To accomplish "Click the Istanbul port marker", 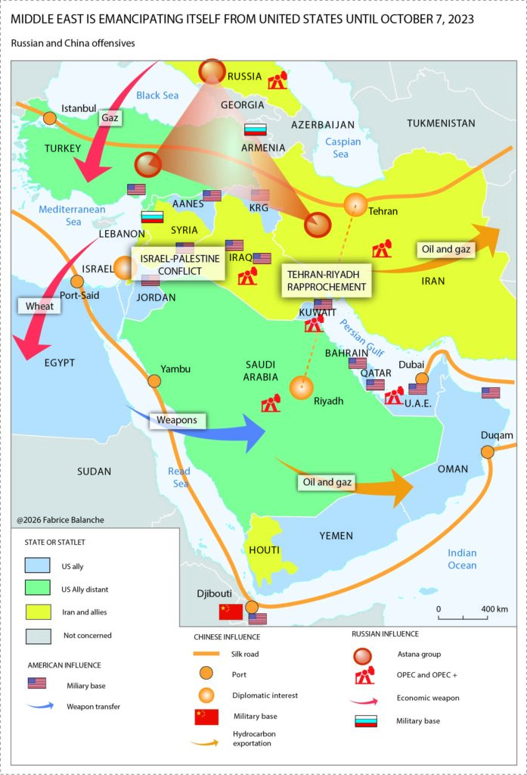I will click(50, 118).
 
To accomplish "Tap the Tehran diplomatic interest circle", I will click(355, 204).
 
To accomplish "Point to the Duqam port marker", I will click(488, 451).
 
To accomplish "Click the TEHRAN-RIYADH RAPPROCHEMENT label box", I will click(325, 280).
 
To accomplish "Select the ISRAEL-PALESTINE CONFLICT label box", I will click(179, 264).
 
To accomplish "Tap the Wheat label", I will click(35, 307).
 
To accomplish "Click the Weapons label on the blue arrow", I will click(177, 419).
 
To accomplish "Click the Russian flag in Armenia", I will click(255, 129).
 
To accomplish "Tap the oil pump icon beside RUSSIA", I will click(278, 79).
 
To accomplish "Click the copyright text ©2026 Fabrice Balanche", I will click(57, 520).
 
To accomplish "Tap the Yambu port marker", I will click(154, 381).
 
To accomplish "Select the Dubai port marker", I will click(422, 378).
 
